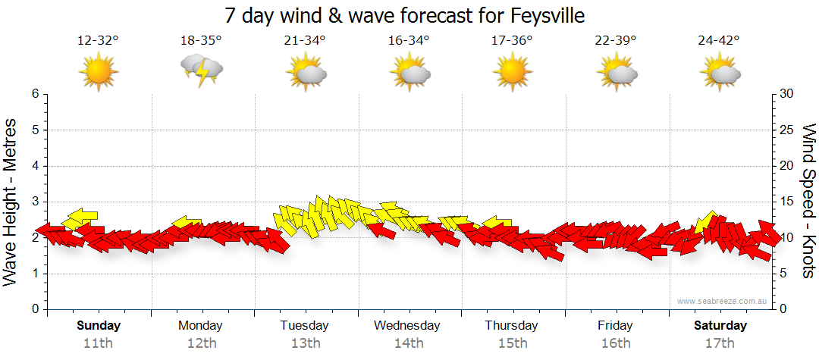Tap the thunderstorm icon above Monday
pyautogui.click(x=201, y=70)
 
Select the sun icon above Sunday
pyautogui.click(x=98, y=73)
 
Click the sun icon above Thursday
pyautogui.click(x=512, y=73)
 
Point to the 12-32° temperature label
pyautogui.click(x=98, y=40)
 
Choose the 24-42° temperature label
pyautogui.click(x=719, y=40)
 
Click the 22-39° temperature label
pyautogui.click(x=615, y=40)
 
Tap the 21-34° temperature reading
pyautogui.click(x=305, y=40)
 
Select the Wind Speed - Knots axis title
pyautogui.click(x=808, y=201)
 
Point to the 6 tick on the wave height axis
pyautogui.click(x=34, y=94)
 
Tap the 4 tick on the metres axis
pyautogui.click(x=34, y=166)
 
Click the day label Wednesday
pyautogui.click(x=408, y=326)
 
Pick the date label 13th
pyautogui.click(x=305, y=343)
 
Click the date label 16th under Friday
pyautogui.click(x=615, y=343)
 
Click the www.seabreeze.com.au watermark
pyautogui.click(x=723, y=301)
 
